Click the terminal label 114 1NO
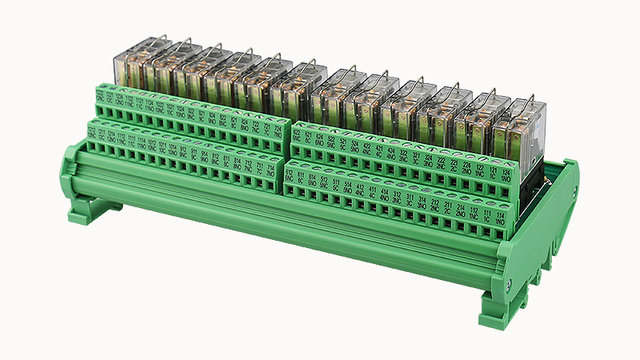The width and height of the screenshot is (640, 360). (x=500, y=216)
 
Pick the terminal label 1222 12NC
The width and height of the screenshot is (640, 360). (x=99, y=96)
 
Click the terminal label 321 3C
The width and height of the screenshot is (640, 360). (x=416, y=157)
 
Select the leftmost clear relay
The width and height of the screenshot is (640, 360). (x=131, y=64)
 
